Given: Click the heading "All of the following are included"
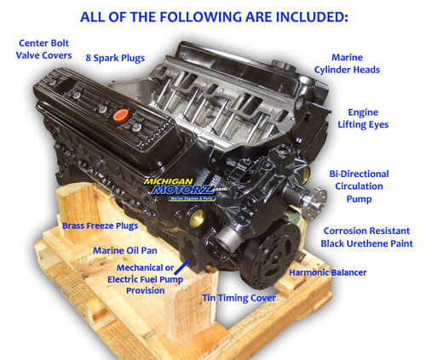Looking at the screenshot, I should [213, 15].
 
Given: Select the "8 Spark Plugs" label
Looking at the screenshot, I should [115, 58].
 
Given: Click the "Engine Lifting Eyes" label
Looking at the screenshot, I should [369, 118].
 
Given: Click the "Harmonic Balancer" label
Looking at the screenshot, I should [328, 272].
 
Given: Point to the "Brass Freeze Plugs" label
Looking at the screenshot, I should [100, 226].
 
